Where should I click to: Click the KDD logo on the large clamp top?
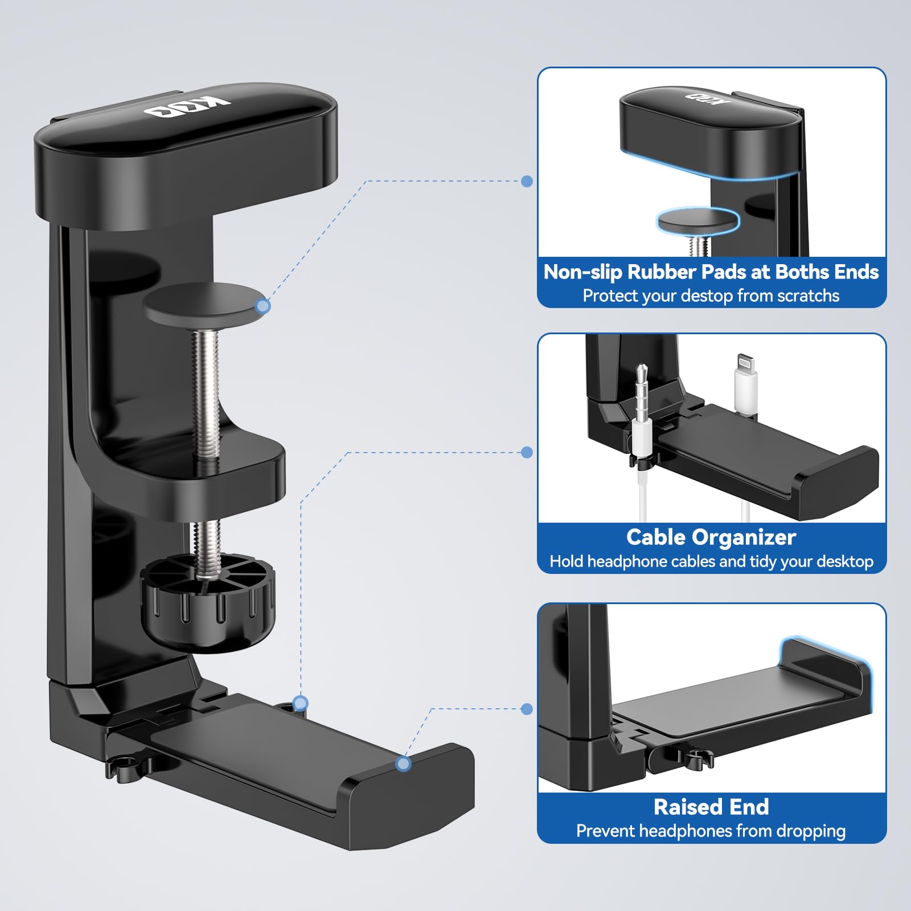pyautogui.click(x=187, y=106)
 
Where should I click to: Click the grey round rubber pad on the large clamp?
pyautogui.click(x=199, y=305)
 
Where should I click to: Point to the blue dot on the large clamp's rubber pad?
pyautogui.click(x=262, y=306)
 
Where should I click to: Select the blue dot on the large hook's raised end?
pyautogui.click(x=403, y=764)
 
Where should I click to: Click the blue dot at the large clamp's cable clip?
pyautogui.click(x=300, y=703)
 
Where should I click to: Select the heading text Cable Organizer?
pyautogui.click(x=711, y=537)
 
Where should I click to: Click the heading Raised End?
pyautogui.click(x=711, y=807)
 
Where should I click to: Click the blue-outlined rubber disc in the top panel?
pyautogui.click(x=697, y=220)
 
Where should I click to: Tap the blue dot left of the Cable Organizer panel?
pyautogui.click(x=527, y=452)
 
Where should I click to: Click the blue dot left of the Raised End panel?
pyautogui.click(x=527, y=709)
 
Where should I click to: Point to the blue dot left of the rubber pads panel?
pyautogui.click(x=527, y=181)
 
